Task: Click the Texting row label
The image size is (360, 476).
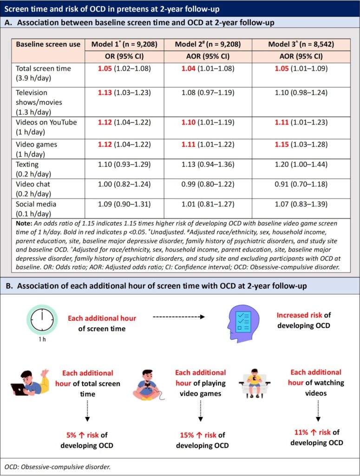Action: tap(27, 164)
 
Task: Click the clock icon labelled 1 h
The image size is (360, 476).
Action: tap(41, 321)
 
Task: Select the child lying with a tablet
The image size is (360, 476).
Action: tap(30, 383)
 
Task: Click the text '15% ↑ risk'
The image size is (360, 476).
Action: tap(197, 435)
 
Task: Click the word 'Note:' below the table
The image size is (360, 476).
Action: tap(23, 224)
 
